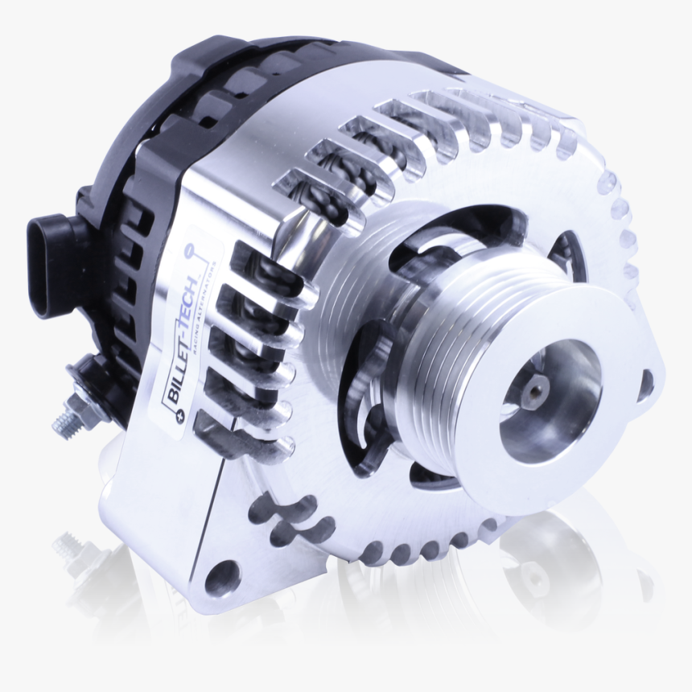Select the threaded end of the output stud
coord(63,418)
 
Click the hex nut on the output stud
coord(80,397)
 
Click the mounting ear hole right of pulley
coord(645,385)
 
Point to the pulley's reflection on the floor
coord(547,563)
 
